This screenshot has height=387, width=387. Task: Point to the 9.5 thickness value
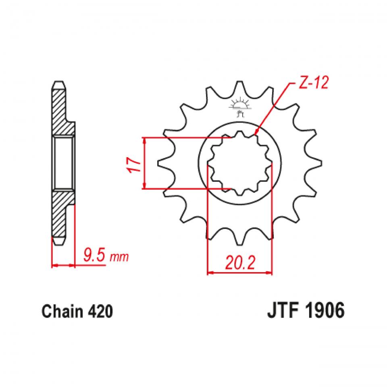click(94, 256)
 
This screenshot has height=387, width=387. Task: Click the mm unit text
click(120, 257)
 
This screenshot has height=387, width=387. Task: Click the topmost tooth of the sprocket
click(239, 85)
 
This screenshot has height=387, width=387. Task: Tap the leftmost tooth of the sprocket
click(162, 163)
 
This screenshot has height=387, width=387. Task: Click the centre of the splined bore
click(239, 163)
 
